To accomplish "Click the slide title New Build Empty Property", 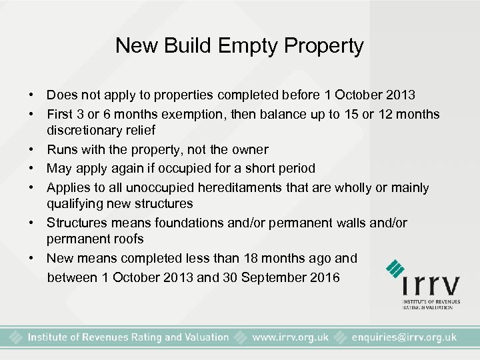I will (x=239, y=46).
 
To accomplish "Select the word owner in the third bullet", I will (x=249, y=150).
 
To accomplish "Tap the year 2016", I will (x=325, y=277).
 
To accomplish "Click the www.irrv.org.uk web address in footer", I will (x=290, y=337).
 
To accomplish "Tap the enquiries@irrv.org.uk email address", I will (x=403, y=337).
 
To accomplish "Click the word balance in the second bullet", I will (x=276, y=114).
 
